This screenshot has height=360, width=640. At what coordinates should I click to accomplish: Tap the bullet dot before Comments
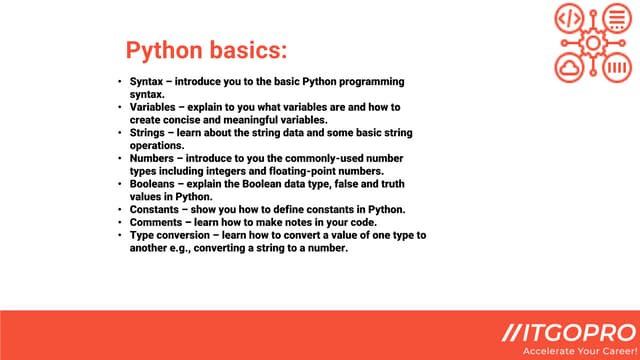click(x=119, y=223)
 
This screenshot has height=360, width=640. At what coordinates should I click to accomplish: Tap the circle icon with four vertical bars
click(x=618, y=68)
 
